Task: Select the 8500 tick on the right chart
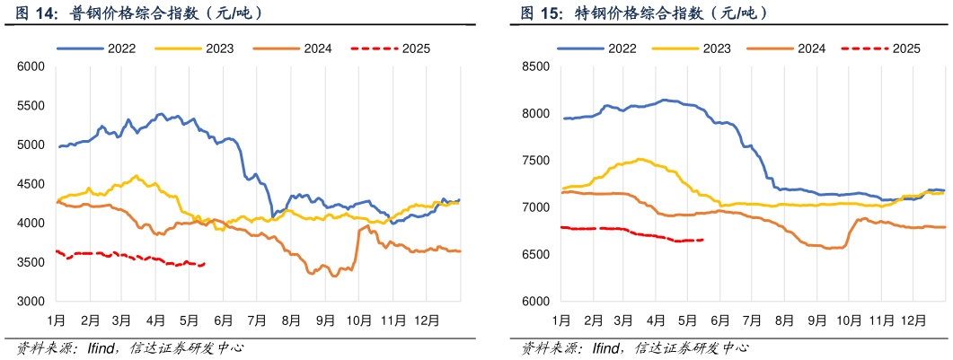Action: tap(535, 66)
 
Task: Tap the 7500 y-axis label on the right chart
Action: tap(535, 161)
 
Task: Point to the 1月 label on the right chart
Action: tap(561, 320)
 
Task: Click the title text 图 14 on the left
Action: tap(27, 13)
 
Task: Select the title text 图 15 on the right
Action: tap(538, 13)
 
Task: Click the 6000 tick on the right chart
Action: tap(535, 302)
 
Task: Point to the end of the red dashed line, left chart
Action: tap(205, 264)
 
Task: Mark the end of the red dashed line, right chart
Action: tap(702, 240)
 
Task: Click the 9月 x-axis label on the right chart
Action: tap(816, 320)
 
